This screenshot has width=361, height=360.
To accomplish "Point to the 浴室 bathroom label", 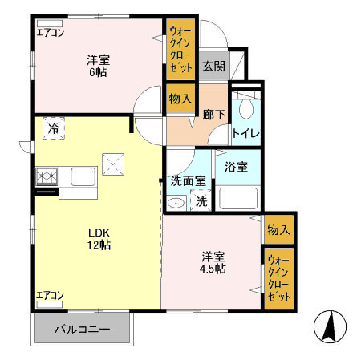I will (236, 168).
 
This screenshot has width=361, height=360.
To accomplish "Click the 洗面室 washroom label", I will (187, 181).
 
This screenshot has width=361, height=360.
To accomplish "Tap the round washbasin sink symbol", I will (176, 204).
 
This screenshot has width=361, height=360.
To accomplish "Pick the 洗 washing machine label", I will (201, 201).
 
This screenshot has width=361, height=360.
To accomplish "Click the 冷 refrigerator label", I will (54, 128).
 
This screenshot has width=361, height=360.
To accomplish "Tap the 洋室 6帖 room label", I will (98, 65).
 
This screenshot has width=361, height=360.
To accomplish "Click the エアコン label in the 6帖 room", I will (50, 33).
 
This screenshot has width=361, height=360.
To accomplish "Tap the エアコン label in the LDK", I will (50, 296).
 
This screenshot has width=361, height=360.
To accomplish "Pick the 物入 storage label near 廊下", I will (180, 99).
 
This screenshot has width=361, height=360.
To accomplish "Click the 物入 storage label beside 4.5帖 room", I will (278, 230).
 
